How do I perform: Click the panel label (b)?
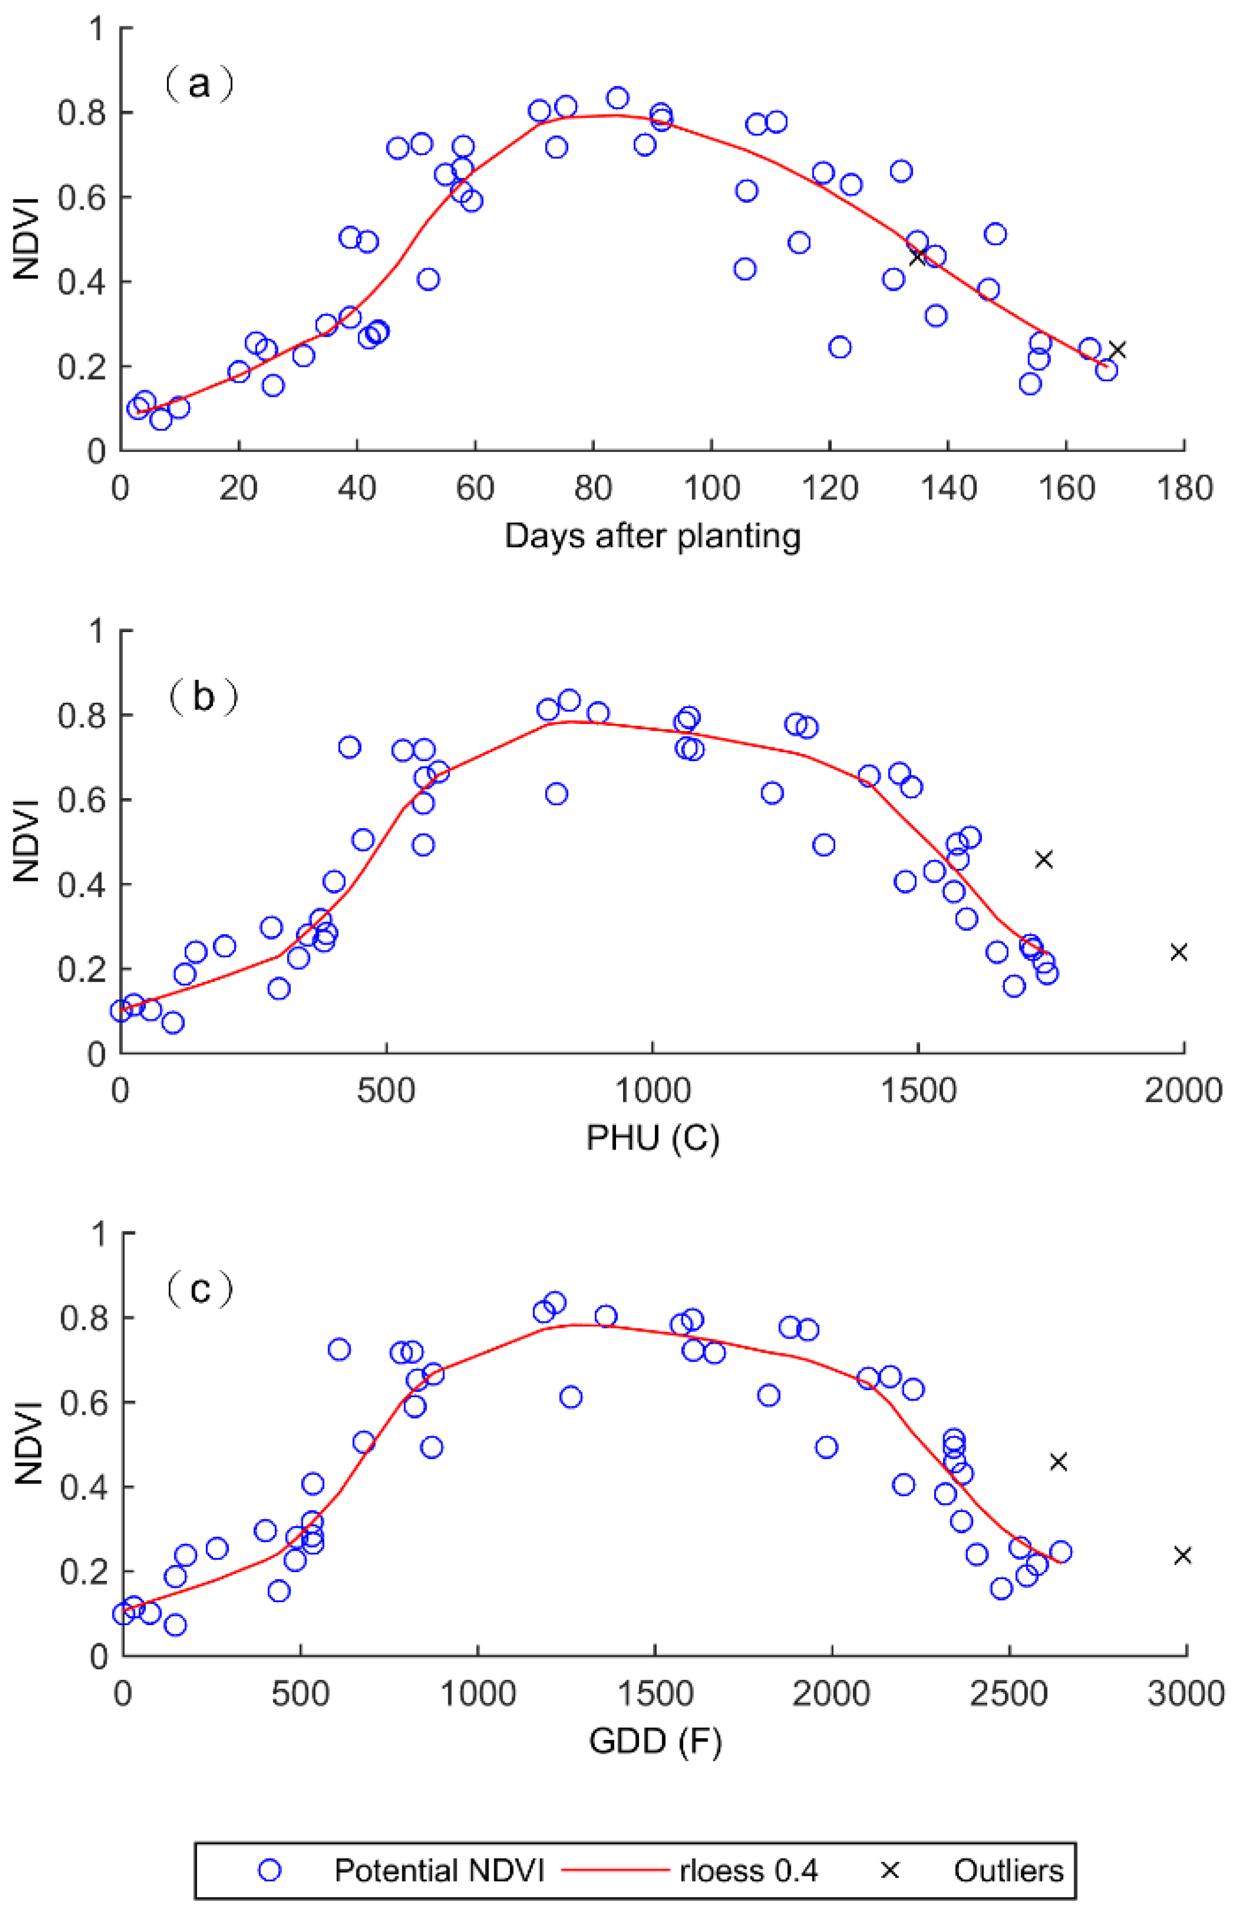203,697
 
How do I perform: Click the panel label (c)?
199,1289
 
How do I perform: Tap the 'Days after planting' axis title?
652,537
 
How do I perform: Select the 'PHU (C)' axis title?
652,1138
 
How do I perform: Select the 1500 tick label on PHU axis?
917,1091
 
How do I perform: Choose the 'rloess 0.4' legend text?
748,1871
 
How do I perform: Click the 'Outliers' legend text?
1008,1871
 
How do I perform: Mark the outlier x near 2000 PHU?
1178,952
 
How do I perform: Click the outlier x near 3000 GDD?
1182,1556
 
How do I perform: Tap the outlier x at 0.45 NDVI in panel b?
1044,859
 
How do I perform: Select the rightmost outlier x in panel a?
1117,349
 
